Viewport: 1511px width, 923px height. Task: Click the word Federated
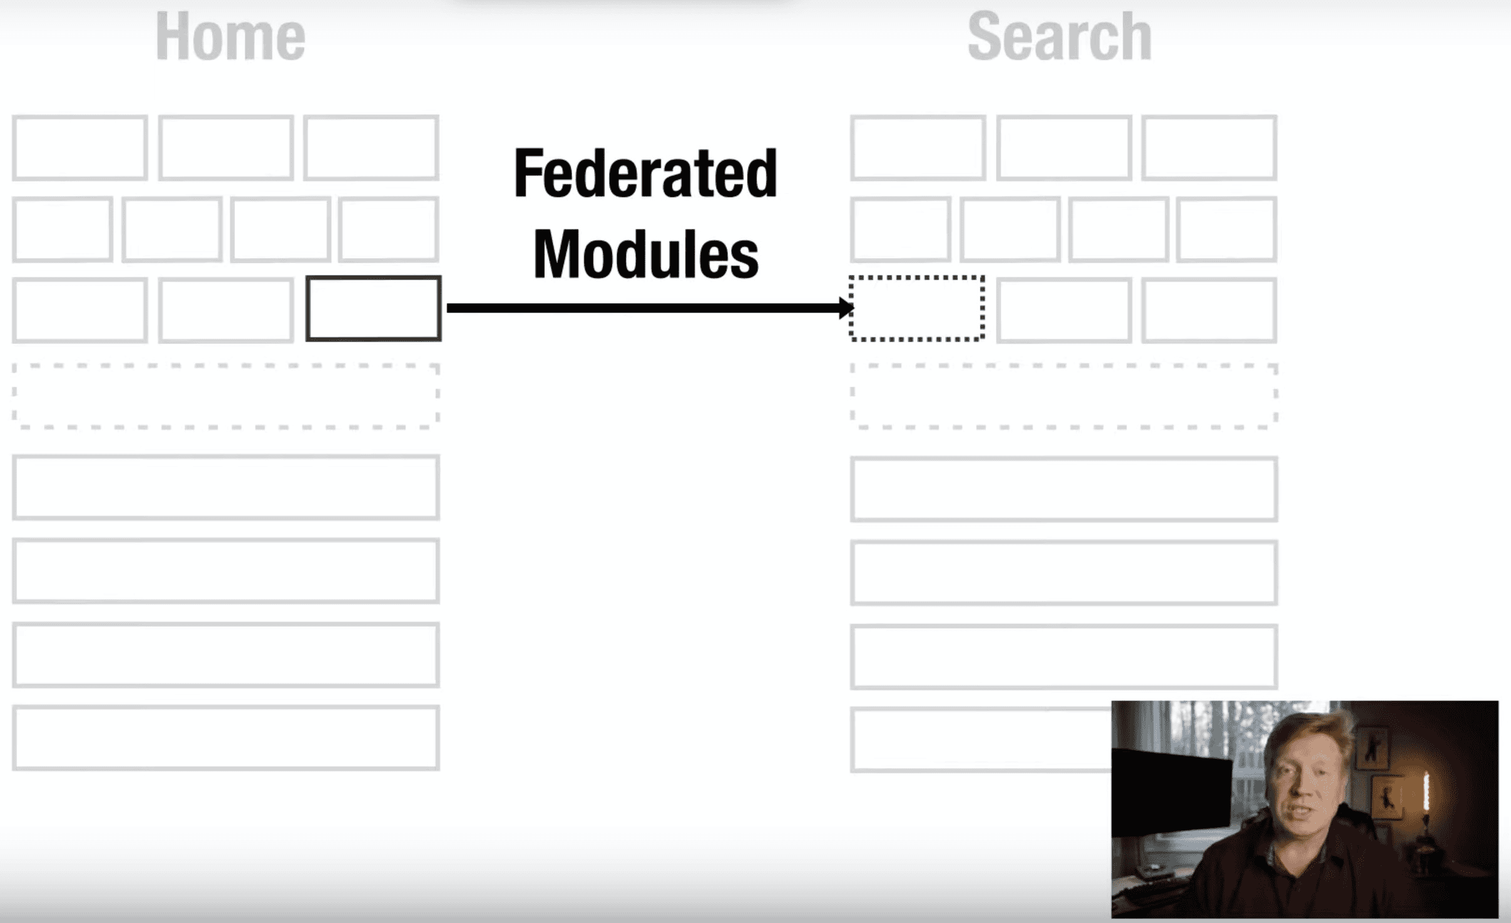point(645,173)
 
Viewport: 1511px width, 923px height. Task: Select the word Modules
point(645,254)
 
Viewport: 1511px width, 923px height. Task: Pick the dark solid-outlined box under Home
point(374,308)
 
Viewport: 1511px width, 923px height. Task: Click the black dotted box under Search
point(917,308)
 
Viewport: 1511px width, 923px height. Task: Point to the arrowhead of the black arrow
point(846,307)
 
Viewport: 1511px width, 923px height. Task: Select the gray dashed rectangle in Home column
point(226,396)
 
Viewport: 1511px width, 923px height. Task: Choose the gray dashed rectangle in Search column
point(1063,396)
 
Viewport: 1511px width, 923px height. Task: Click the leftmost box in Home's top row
point(80,148)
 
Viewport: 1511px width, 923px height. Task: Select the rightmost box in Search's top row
point(1209,148)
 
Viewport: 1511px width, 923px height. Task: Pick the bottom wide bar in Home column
point(226,738)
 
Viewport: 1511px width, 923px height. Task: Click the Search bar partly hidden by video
point(980,740)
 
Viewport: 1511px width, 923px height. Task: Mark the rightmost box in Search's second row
point(1226,229)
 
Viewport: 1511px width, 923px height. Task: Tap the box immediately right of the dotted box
point(1063,311)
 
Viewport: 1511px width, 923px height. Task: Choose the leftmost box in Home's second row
point(63,229)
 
